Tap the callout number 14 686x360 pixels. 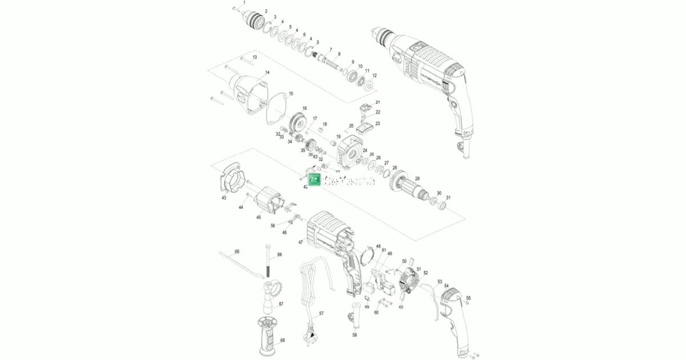coord(266,73)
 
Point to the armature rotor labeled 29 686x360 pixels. coord(407,187)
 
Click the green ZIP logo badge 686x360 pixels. coord(314,179)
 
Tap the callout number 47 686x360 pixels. coord(300,242)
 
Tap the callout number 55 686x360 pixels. coord(469,298)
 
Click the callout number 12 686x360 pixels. coord(374,75)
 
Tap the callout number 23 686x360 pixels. coord(377,123)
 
